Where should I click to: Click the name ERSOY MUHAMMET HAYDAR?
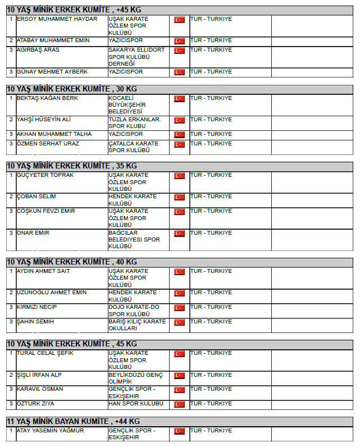[57, 19]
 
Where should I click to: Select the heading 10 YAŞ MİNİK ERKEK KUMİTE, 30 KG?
[71, 89]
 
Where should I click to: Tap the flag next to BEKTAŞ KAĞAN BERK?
[179, 99]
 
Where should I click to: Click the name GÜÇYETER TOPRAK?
[45, 175]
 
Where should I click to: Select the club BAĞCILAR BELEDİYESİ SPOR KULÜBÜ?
[134, 240]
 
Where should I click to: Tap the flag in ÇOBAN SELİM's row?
[179, 197]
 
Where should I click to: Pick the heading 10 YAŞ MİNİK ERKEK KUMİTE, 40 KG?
[71, 262]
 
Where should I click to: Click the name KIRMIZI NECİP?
[37, 307]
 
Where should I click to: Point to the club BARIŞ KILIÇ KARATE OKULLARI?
[137, 325]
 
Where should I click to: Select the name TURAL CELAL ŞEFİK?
[45, 353]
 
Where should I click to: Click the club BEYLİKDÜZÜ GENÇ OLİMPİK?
[135, 378]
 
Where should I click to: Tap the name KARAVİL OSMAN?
[40, 389]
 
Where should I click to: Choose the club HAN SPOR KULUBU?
[135, 404]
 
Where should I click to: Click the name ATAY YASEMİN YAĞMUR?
[50, 431]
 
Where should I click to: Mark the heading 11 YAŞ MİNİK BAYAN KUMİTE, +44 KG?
[73, 421]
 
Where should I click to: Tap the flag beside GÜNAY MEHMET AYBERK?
[179, 72]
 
